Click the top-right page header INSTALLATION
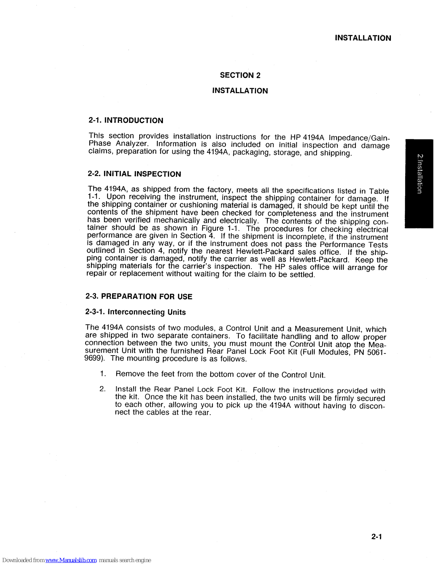click(363, 38)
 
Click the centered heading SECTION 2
click(240, 75)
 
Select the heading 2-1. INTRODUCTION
click(126, 120)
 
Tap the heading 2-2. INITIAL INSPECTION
click(134, 174)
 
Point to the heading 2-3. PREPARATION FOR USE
click(139, 296)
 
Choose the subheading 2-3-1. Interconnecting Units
click(135, 312)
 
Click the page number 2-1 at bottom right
click(376, 537)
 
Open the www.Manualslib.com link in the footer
click(71, 560)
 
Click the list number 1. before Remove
click(103, 374)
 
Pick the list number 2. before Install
click(103, 389)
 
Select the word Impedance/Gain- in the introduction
click(359, 138)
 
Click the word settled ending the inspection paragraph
click(302, 275)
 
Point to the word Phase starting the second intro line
click(99, 143)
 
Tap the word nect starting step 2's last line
click(123, 412)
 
